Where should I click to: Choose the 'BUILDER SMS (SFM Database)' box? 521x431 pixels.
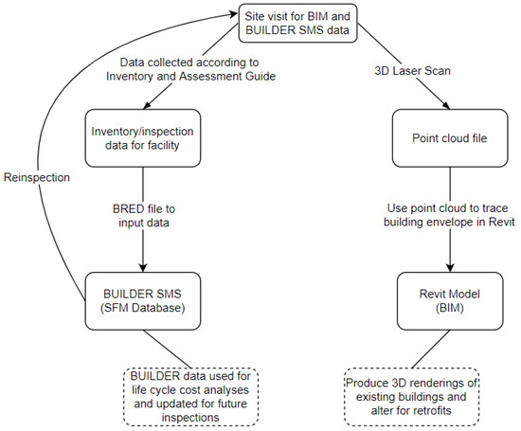pyautogui.click(x=142, y=302)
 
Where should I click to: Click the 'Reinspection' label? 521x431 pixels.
pyautogui.click(x=38, y=179)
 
